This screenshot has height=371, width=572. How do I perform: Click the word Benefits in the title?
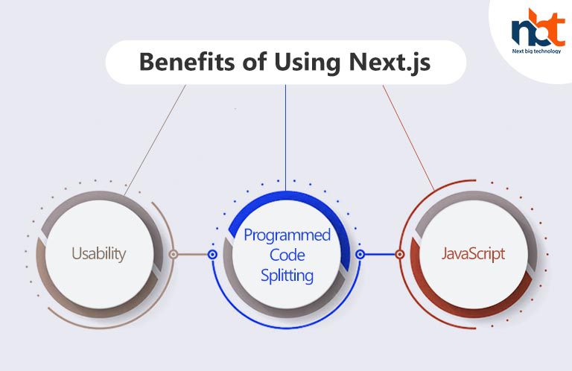pos(187,62)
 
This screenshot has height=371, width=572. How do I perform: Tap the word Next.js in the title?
pos(390,63)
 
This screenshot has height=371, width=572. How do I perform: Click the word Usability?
pos(99,253)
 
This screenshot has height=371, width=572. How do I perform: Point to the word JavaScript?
pos(473,253)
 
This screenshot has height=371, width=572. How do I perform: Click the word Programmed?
pos(287,235)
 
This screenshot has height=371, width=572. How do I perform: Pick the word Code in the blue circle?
pos(287,255)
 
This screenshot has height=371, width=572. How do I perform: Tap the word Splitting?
pos(287,276)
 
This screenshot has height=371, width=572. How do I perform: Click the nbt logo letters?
pos(538,28)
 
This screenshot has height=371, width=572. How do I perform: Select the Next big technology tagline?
pos(536,51)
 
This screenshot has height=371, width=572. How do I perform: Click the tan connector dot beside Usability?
pos(174,254)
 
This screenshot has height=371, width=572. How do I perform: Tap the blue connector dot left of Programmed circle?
pos(212,254)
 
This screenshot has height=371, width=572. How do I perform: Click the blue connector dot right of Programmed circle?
pos(360,254)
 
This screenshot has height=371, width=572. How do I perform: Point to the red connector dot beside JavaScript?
pos(400,254)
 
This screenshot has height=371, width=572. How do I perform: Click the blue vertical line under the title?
pos(286,138)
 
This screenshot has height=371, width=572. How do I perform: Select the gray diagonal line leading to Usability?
pos(155,140)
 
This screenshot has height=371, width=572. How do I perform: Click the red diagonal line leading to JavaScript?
pos(408,138)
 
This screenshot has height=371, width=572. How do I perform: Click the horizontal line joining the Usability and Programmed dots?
pos(193,254)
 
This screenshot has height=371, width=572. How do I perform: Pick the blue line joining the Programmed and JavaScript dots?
pos(380,254)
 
